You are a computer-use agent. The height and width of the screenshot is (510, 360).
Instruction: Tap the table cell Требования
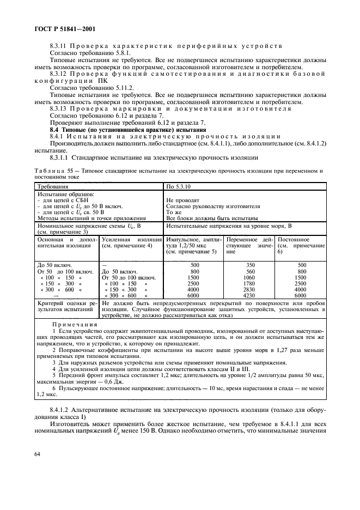tap(53, 186)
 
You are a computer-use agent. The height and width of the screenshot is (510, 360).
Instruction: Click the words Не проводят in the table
tap(182, 200)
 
